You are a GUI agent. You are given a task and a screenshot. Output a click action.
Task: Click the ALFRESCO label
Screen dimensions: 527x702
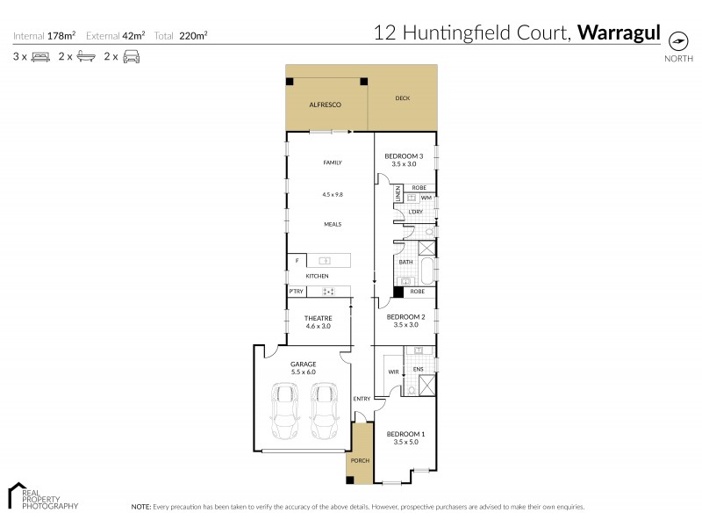coord(324,105)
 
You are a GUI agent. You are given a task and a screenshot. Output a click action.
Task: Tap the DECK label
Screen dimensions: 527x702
coord(402,98)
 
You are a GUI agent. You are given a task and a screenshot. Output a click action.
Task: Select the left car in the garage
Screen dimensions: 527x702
coord(287,414)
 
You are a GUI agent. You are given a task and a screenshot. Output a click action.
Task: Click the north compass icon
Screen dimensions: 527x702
coord(677,40)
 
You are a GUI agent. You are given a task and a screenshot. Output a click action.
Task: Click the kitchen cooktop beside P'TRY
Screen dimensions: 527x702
coord(329,292)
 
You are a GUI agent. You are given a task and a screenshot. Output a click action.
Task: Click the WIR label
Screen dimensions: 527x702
coord(393,372)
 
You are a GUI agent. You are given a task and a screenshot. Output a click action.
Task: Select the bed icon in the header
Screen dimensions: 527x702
coord(40,57)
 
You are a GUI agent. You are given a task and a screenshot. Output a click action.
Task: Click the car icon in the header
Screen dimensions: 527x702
coord(131,57)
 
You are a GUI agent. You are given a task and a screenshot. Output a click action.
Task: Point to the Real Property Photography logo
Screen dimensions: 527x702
coord(42,497)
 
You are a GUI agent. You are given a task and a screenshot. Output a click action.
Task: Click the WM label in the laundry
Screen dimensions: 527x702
coord(425,199)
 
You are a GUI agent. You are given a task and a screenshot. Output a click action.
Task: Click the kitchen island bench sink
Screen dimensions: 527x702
coord(324,261)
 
